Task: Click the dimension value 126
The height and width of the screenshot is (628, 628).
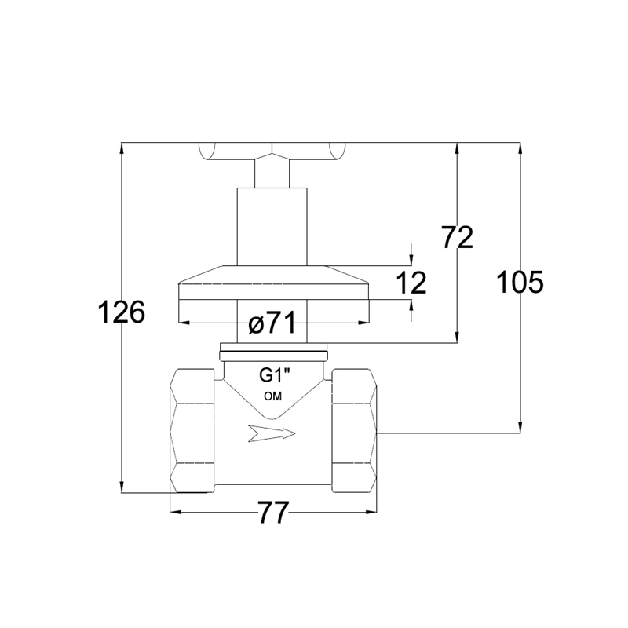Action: pos(122,312)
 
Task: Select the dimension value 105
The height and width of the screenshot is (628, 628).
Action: pos(520,282)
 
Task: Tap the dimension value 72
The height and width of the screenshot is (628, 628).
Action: pos(457,237)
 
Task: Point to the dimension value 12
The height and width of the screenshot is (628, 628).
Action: pos(411,283)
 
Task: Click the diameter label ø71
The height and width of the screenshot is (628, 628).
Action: pos(272,323)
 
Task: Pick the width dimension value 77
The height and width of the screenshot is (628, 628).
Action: pos(273,513)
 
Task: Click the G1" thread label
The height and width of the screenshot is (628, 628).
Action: pos(274,375)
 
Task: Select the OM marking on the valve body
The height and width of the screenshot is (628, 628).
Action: pos(272,396)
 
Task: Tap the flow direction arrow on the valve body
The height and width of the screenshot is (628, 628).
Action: pos(272,433)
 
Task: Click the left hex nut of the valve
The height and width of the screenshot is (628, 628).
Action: pos(192,430)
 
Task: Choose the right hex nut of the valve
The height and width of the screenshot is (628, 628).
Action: pos(355,430)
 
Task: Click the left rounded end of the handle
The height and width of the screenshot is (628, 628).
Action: pos(207,152)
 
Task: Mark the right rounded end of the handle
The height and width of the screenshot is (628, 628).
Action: pos(337,152)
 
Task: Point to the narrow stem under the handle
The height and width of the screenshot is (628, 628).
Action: pos(272,173)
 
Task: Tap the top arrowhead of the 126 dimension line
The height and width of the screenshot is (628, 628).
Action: pos(122,148)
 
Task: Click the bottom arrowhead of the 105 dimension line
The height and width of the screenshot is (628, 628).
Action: pos(520,427)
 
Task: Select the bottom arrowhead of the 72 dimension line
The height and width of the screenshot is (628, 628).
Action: pos(457,338)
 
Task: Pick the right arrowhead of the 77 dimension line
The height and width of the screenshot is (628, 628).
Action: pos(371,512)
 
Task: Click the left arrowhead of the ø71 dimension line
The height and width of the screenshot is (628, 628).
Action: pos(184,323)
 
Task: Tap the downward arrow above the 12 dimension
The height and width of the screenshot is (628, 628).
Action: pos(411,260)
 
